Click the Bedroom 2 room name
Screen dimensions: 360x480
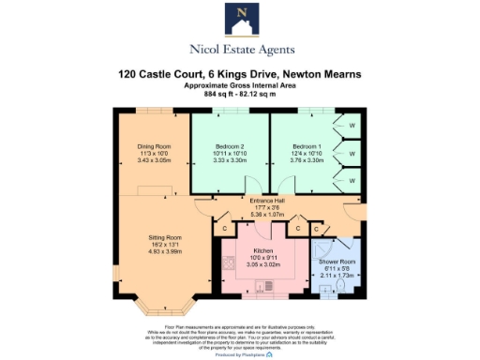coord(230,147)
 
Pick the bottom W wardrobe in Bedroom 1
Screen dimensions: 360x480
coord(352,175)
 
